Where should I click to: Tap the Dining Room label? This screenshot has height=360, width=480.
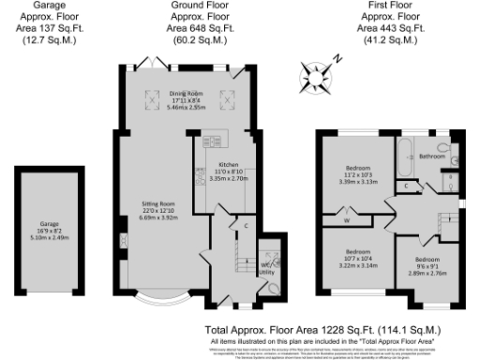[x=187, y=94]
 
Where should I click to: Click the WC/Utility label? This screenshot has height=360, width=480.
[x=267, y=266]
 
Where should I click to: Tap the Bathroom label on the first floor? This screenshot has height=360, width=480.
[x=432, y=156]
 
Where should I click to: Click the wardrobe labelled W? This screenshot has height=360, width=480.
[x=346, y=220]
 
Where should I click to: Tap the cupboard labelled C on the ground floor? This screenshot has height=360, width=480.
[x=245, y=226]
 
